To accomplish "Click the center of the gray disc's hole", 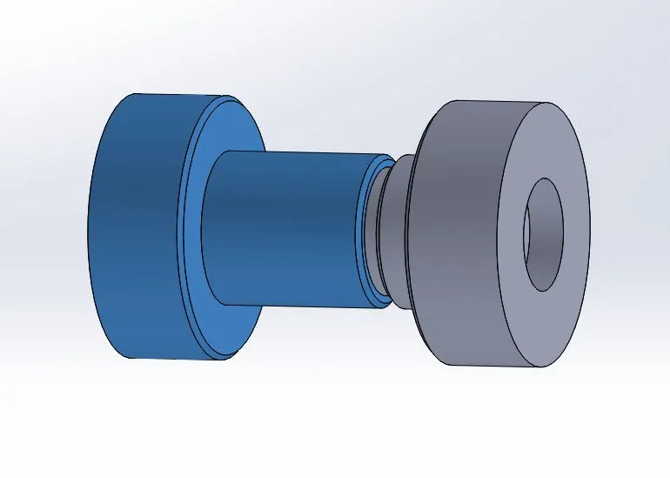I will [543, 235].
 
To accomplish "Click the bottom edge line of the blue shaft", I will [296, 305].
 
